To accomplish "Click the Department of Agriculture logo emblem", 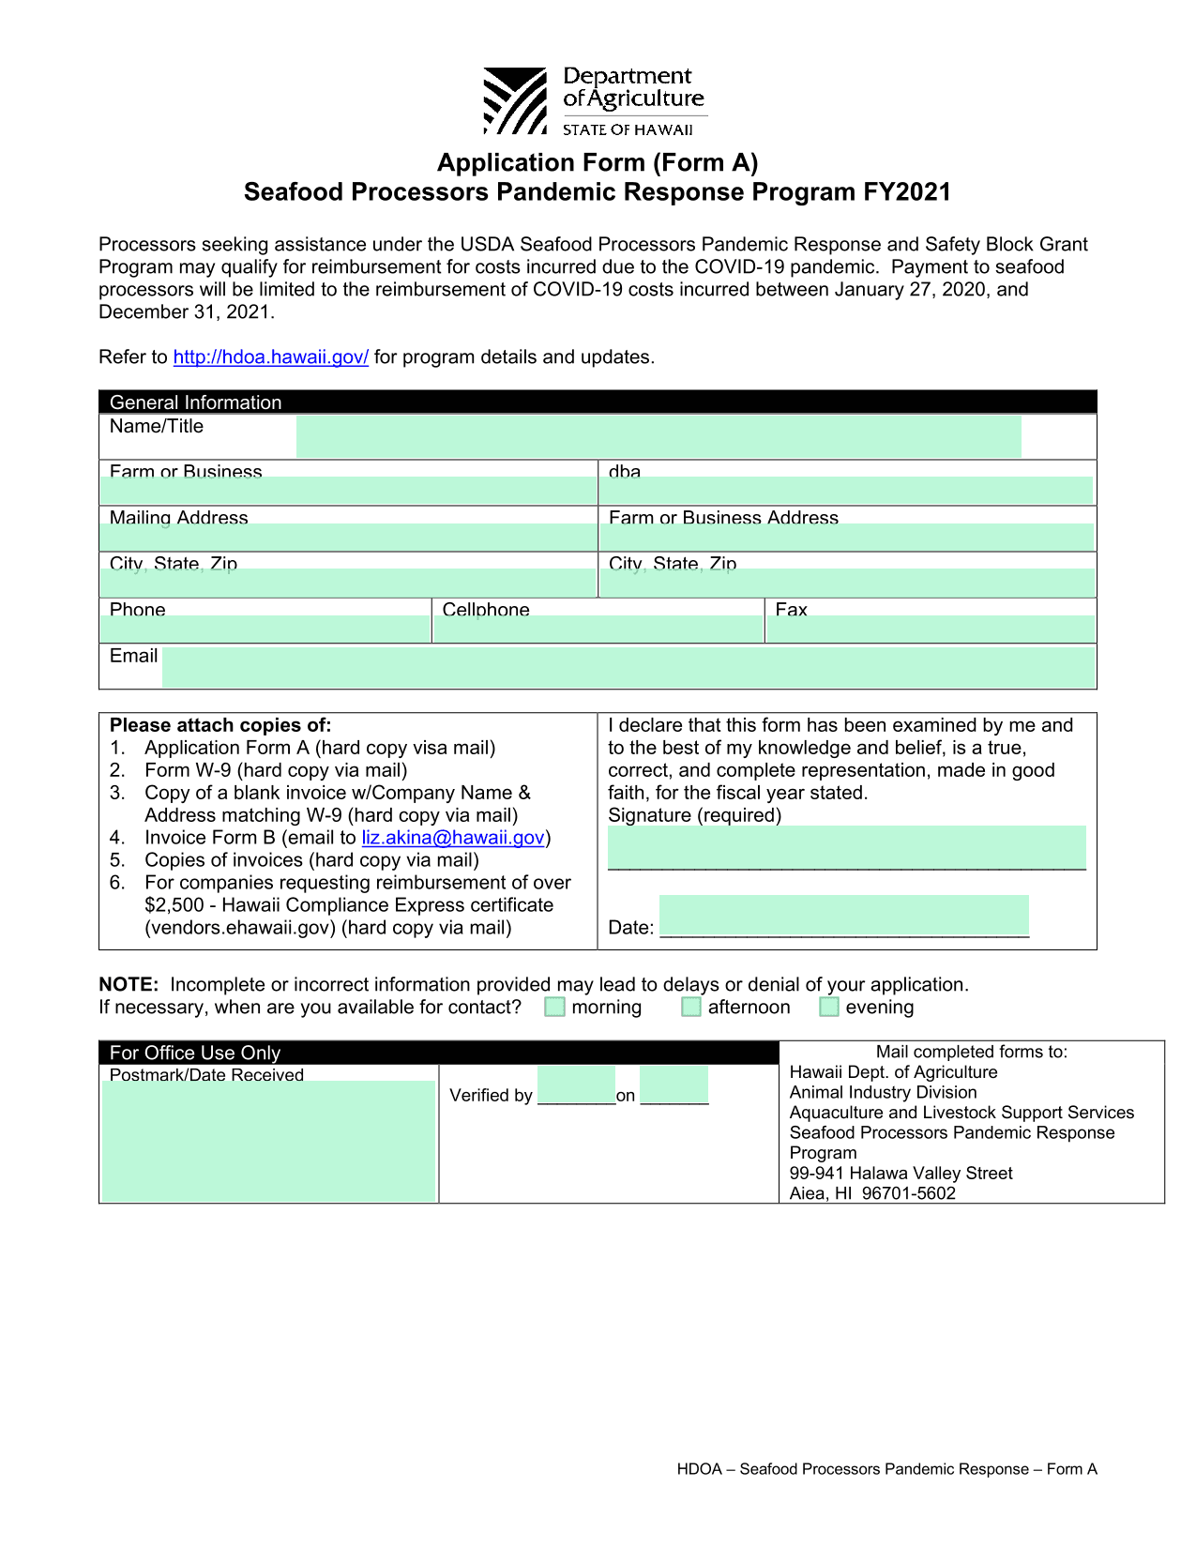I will [514, 100].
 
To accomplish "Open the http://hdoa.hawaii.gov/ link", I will [270, 357].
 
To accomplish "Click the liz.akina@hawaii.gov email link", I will [453, 838].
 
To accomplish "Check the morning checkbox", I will [555, 1007].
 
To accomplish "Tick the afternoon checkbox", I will [691, 1007].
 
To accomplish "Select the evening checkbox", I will [829, 1007].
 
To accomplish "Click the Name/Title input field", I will [658, 436].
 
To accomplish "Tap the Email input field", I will [628, 667].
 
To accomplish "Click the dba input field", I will [846, 490].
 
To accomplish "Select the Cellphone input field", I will [598, 629].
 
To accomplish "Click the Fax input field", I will [931, 629].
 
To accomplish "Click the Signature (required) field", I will [846, 847].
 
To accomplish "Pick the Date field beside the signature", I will [843, 916].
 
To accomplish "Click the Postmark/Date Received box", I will [268, 1141].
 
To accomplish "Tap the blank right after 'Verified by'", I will [576, 1085].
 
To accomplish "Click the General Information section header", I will [196, 402].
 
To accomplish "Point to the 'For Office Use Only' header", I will [195, 1053].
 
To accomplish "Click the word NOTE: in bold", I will [129, 985].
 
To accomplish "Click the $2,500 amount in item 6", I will [174, 905].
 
